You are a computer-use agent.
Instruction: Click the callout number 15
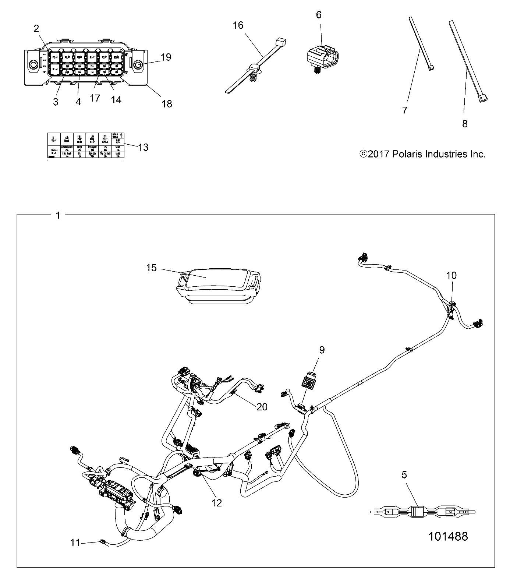pyautogui.click(x=151, y=268)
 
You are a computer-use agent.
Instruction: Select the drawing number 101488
pyautogui.click(x=448, y=536)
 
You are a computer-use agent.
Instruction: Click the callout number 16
pyautogui.click(x=238, y=25)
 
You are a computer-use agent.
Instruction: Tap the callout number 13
pyautogui.click(x=143, y=147)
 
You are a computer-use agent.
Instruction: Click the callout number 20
pyautogui.click(x=262, y=406)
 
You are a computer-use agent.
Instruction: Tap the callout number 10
pyautogui.click(x=451, y=275)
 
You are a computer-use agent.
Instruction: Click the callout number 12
pyautogui.click(x=217, y=502)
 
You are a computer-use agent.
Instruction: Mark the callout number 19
pyautogui.click(x=166, y=57)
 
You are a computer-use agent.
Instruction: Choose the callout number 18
pyautogui.click(x=167, y=104)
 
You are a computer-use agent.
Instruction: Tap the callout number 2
pyautogui.click(x=36, y=28)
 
